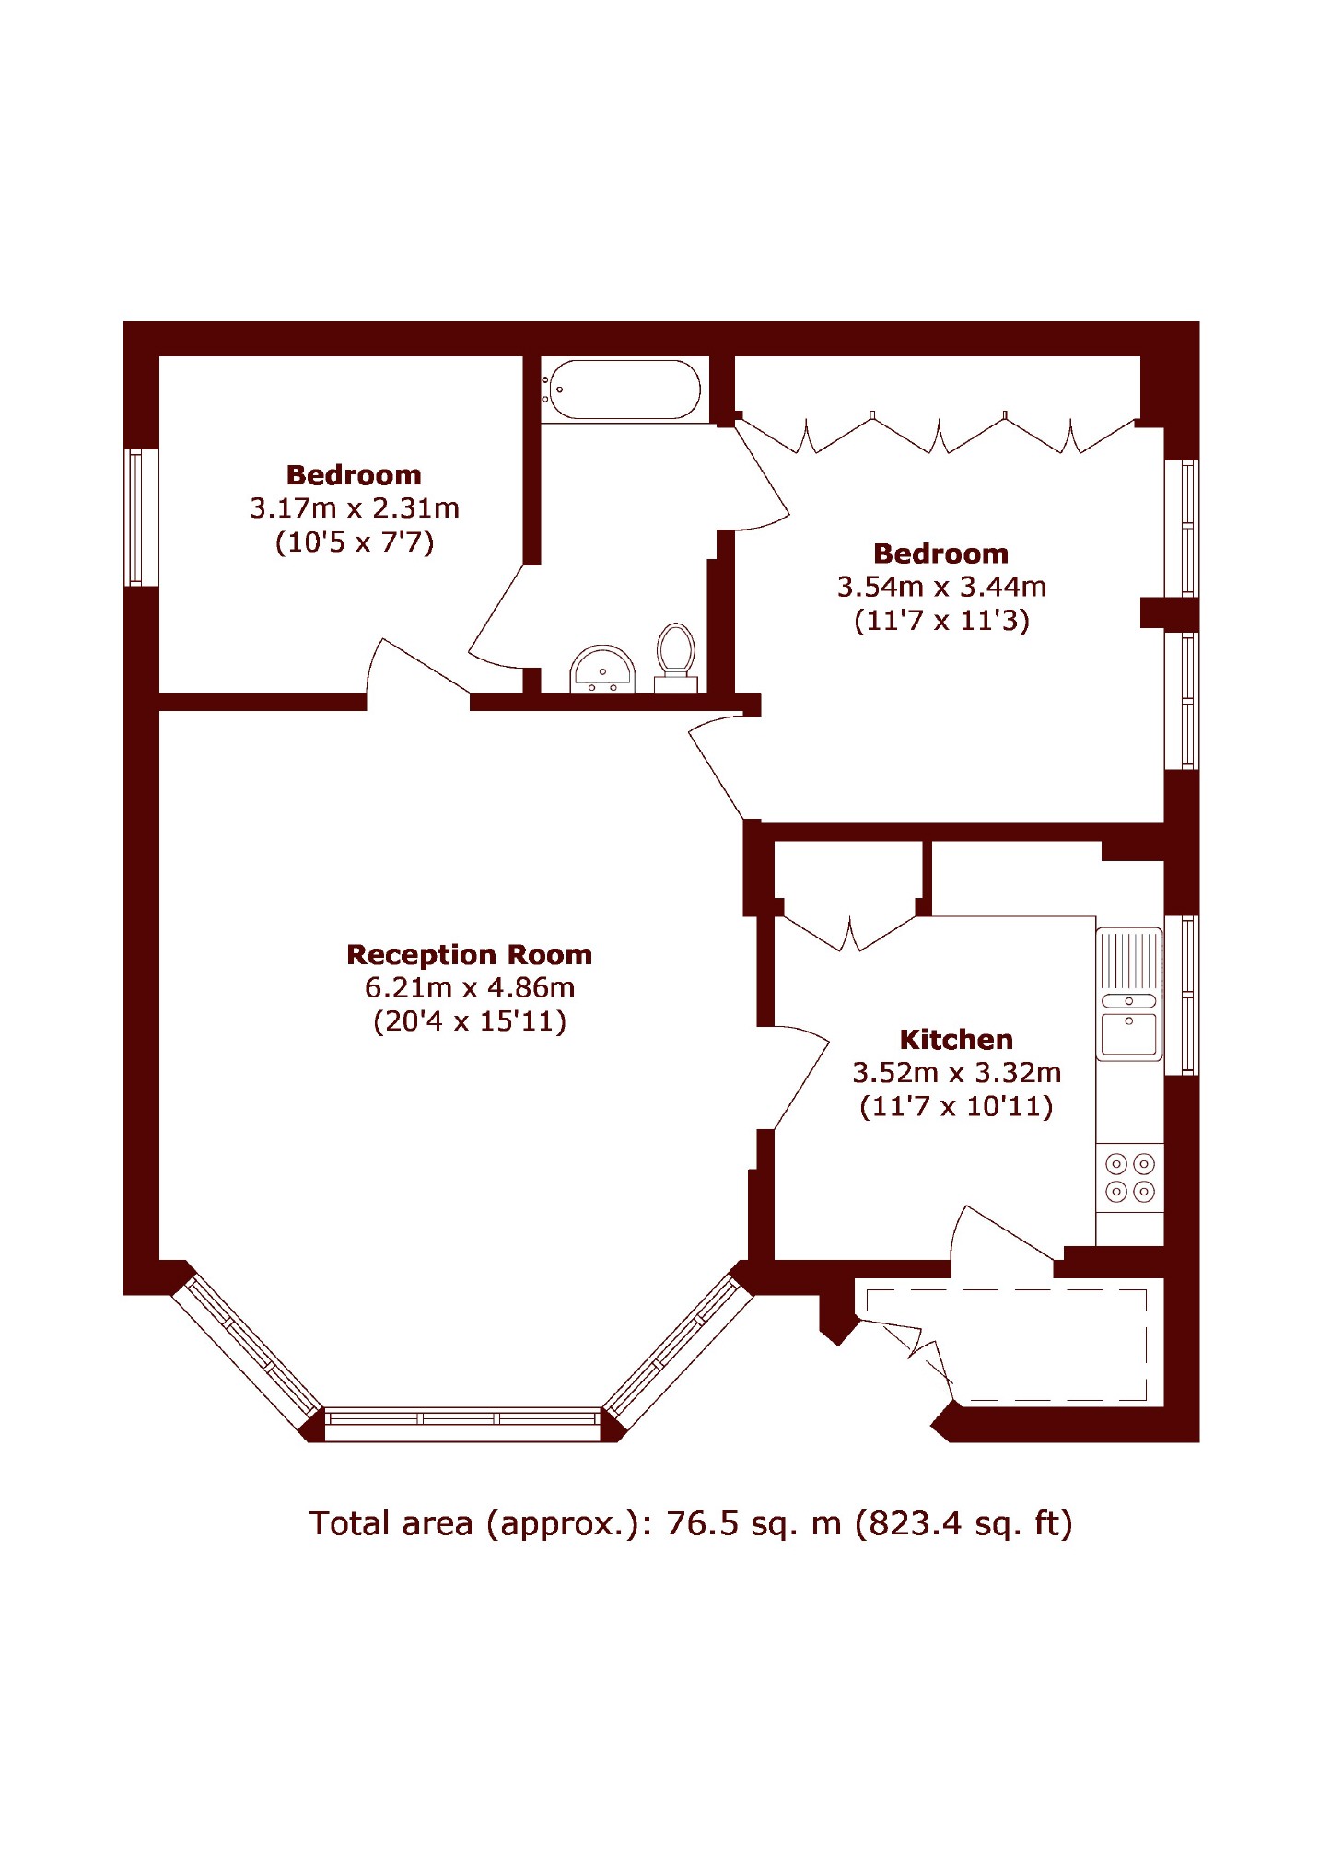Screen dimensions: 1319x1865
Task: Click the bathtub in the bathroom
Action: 622,390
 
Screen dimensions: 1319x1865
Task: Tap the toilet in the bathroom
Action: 675,657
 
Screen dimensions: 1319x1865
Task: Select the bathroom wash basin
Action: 602,669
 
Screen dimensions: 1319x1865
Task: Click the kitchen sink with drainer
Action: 1129,994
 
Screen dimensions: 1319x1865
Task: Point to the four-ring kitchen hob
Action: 1130,1178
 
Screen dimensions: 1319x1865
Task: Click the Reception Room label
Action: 469,954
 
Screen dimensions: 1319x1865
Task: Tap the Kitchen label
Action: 956,1039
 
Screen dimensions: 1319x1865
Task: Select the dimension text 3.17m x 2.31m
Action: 355,507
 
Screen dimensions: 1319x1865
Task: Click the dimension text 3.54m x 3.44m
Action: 941,586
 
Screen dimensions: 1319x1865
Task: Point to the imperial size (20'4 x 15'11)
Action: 470,1020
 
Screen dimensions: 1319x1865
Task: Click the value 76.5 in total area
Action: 703,1523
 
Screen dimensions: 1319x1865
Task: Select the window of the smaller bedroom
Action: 136,518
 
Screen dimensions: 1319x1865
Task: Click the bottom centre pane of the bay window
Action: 462,1424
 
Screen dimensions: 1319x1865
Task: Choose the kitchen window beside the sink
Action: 1182,995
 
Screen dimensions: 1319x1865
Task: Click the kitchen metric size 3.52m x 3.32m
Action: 956,1072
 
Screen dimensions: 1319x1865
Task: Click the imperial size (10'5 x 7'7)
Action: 355,542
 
